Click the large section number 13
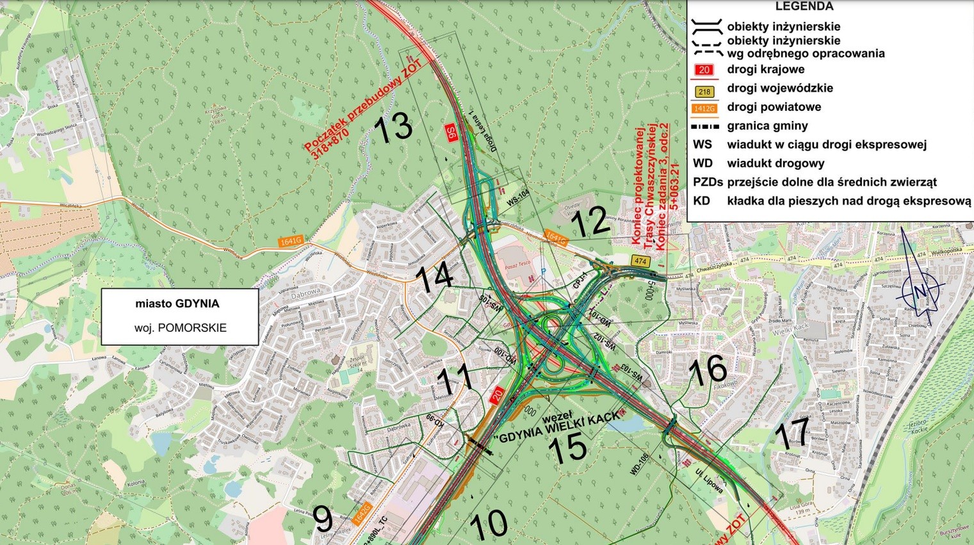pos(393,127)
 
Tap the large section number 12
pos(589,222)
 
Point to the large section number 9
pos(323,519)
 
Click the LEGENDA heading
pos(804,6)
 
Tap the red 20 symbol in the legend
pos(704,70)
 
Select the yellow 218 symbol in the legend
pos(704,92)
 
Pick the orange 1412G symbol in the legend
pos(704,109)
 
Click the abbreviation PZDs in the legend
pos(708,182)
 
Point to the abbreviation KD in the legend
pos(701,200)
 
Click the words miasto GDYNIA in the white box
pos(177,304)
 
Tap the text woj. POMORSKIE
pos(180,327)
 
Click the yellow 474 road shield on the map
pos(640,261)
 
